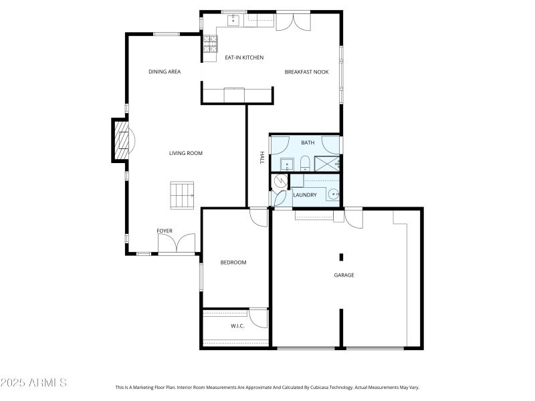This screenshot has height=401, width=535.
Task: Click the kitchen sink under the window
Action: [x=233, y=21]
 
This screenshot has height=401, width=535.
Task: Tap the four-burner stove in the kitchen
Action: [x=210, y=43]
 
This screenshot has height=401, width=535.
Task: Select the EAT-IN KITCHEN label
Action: [x=243, y=57]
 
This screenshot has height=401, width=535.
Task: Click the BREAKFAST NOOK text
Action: [x=306, y=72]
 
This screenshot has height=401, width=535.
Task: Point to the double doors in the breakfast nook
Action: [x=293, y=21]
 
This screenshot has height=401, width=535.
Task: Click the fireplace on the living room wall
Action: [x=120, y=140]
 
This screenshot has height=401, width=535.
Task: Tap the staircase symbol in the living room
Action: [x=182, y=195]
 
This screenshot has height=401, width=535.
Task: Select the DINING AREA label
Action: [x=165, y=72]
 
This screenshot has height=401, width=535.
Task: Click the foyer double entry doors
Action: [x=177, y=244]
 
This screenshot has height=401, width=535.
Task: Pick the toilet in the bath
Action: [x=304, y=162]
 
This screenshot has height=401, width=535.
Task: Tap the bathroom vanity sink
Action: [x=286, y=163]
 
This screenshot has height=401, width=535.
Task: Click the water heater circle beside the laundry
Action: [x=280, y=180]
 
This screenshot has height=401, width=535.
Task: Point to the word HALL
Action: [x=262, y=157]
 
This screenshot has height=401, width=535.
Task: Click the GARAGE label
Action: [x=344, y=275]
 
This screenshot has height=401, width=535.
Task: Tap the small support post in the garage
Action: [x=341, y=257]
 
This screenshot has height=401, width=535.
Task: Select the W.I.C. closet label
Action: [x=237, y=327]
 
